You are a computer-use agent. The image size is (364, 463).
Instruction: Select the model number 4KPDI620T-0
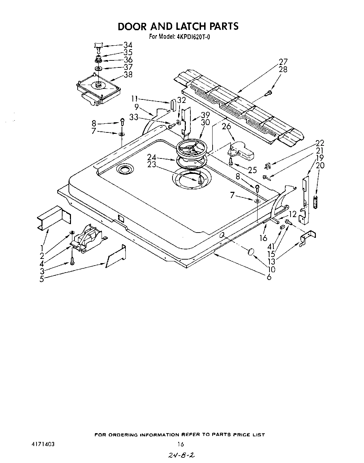point(193,37)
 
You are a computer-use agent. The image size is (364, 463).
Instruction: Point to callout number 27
point(283,62)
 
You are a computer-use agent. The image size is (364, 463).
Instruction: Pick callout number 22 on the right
point(319,143)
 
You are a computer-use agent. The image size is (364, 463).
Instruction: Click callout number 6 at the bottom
point(269,277)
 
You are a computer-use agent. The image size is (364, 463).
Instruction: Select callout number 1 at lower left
point(42,248)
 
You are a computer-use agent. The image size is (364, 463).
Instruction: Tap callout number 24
point(151,157)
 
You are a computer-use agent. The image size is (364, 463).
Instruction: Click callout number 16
point(263,238)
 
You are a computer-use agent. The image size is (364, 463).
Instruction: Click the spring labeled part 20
point(315,203)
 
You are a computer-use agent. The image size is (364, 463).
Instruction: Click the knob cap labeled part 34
point(98,45)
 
